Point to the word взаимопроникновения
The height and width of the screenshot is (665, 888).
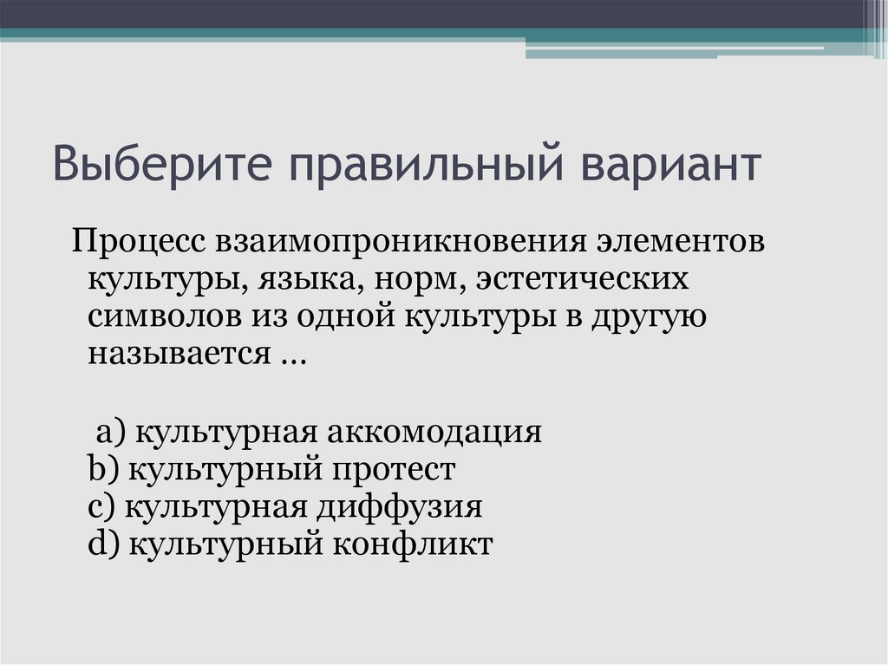pos(393,243)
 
